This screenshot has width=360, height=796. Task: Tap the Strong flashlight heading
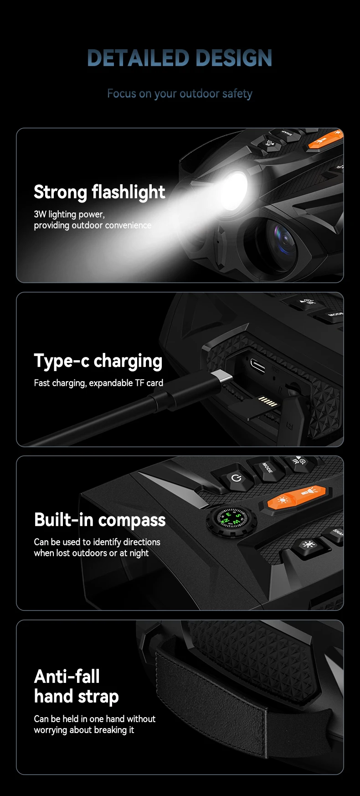coord(99,192)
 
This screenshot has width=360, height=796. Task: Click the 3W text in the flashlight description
coord(40,214)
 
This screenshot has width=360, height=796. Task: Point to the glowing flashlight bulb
coord(236,187)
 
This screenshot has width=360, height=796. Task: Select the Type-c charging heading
coord(98,361)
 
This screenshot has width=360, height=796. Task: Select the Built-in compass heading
coord(100,520)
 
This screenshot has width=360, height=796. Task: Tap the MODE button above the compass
coord(267,468)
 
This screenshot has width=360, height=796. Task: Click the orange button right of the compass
coord(297,497)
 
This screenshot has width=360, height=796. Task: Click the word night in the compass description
coord(139,553)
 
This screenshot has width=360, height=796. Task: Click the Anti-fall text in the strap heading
coord(67,677)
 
